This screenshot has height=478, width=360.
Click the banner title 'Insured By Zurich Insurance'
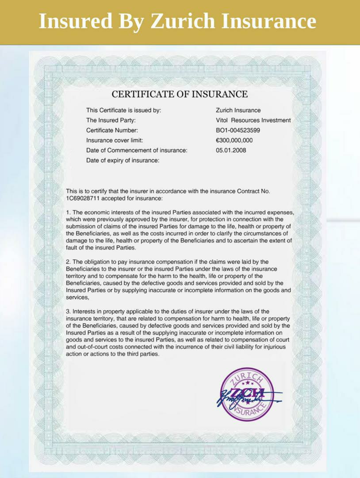pos(177,21)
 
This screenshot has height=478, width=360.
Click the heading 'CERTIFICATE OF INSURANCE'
pos(180,94)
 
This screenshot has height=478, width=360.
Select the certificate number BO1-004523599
pos(238,131)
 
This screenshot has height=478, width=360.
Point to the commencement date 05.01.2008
pos(231,150)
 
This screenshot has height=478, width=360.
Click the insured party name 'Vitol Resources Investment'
pos(253,120)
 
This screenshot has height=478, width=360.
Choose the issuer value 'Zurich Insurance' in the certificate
pos(238,110)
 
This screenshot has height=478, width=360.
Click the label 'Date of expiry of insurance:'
pos(123,161)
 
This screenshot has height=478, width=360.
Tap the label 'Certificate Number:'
pos(112,131)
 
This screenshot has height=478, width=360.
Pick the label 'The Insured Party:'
pos(111,120)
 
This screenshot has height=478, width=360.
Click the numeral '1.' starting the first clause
pos(69,213)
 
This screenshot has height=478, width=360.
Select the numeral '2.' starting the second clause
pos(69,262)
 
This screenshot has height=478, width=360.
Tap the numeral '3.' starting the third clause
pos(69,312)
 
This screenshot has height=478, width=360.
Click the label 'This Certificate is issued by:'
pos(123,110)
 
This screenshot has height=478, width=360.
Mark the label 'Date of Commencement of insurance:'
pos(137,150)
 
